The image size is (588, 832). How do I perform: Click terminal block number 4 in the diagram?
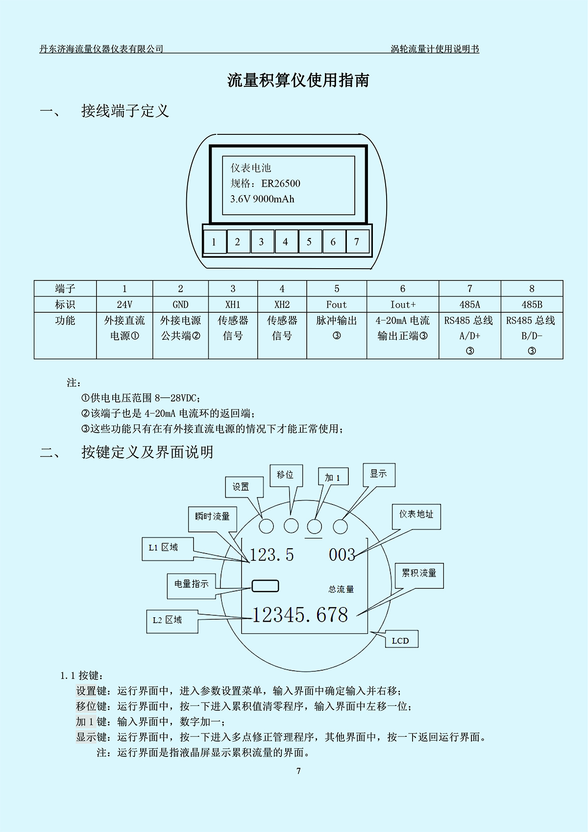[286, 242]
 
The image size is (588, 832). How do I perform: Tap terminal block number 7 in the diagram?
[357, 242]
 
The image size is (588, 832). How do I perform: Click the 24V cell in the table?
[124, 304]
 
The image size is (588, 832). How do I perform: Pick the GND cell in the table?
[180, 304]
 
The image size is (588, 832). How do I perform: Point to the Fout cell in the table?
[336, 304]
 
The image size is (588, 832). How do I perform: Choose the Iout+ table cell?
[402, 304]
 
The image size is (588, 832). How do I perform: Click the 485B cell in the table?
[532, 304]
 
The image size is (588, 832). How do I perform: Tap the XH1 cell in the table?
[233, 304]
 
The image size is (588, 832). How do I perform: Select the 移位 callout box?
[286, 475]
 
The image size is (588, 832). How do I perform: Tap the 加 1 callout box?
[333, 478]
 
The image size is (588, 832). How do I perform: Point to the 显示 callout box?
[379, 474]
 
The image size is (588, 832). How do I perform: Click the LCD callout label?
[401, 640]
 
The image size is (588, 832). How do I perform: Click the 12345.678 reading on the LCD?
[300, 615]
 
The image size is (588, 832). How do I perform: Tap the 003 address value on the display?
[342, 555]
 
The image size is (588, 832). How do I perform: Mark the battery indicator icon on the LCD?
[265, 586]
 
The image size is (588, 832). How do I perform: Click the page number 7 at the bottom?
[298, 771]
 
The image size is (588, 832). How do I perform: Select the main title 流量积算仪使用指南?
[298, 80]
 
